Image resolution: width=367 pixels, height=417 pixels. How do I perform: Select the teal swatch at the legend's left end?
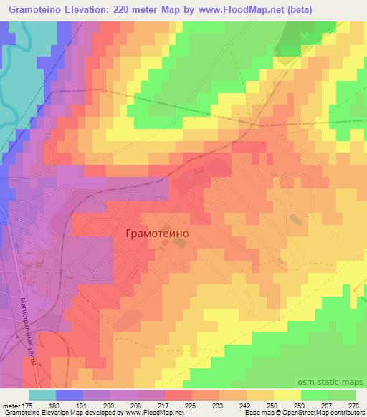41,394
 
